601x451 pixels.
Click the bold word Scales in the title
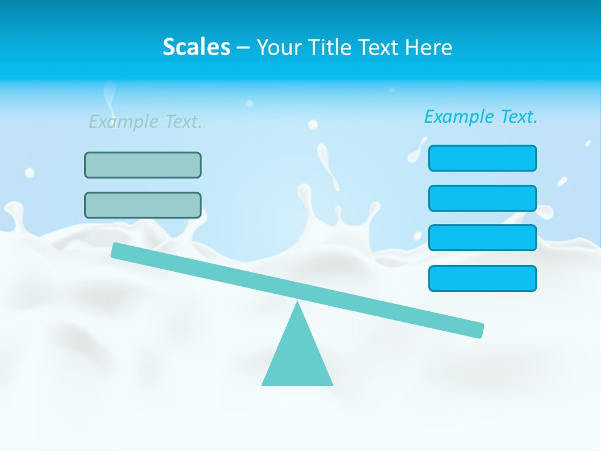[x=196, y=48]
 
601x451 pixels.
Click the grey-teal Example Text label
[x=145, y=122]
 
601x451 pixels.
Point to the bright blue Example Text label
[x=481, y=117]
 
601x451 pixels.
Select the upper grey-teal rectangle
[x=143, y=165]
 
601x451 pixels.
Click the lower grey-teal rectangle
[x=143, y=205]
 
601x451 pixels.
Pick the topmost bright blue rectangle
[x=482, y=158]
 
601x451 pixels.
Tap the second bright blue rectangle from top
[x=482, y=198]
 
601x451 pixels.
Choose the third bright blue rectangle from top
[x=482, y=237]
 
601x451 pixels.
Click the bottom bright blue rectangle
[x=482, y=278]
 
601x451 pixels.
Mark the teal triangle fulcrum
[x=297, y=354]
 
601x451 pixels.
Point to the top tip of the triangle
[x=297, y=303]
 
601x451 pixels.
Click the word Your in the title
[x=279, y=48]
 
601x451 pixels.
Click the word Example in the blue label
[x=460, y=117]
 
